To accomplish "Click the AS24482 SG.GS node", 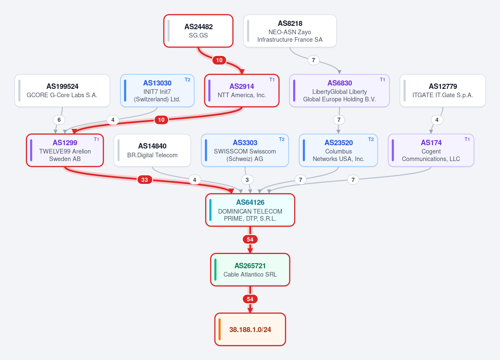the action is [x=198, y=31].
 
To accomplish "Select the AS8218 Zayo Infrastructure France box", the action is [x=290, y=31].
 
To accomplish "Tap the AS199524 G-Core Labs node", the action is [x=62, y=91].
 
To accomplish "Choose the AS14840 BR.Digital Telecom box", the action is [x=153, y=150].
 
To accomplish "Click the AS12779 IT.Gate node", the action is [x=442, y=91].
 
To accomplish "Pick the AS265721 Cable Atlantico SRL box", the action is [x=250, y=270].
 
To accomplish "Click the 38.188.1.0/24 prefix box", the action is [x=250, y=330].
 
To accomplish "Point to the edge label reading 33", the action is [x=144, y=180].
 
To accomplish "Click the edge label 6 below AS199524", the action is [x=59, y=120].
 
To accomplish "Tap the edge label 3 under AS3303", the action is [x=247, y=180].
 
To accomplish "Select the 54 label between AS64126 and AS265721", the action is [x=250, y=239].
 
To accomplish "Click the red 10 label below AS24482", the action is [x=219, y=60].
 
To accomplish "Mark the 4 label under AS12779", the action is [x=437, y=120].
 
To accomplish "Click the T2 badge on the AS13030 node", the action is [x=188, y=80].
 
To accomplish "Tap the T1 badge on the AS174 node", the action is [x=467, y=139].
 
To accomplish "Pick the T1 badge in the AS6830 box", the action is [x=382, y=80].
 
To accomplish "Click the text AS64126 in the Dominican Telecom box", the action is [x=250, y=202].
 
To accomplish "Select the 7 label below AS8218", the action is [x=314, y=60].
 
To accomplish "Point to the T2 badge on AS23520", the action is [x=371, y=139].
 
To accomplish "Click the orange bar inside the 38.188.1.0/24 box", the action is [x=220, y=330].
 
